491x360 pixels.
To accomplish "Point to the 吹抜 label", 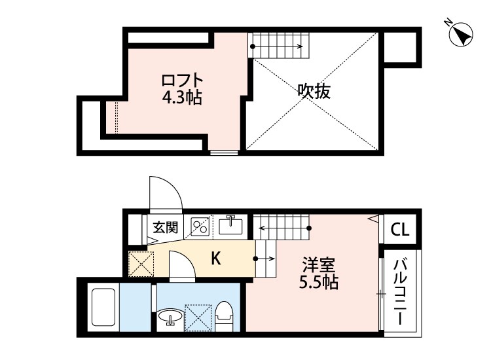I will tap(314, 92).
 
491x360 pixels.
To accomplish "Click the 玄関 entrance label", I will tap(166, 228).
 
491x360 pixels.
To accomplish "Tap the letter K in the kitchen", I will tap(215, 259).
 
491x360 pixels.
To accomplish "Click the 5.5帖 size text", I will tap(319, 283).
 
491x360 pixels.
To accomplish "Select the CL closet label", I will tap(400, 230).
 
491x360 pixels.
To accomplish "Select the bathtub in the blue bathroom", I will tap(103, 308).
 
